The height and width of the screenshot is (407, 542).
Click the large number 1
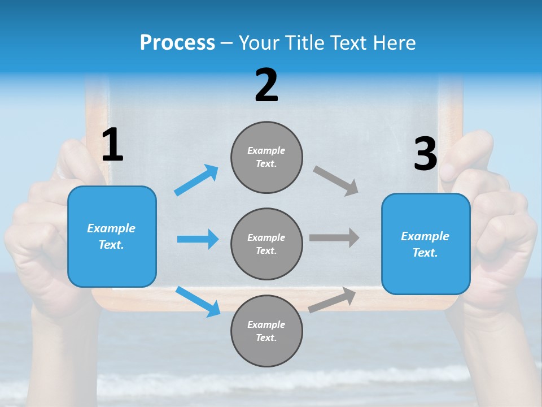(112, 145)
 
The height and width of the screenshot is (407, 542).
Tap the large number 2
(266, 85)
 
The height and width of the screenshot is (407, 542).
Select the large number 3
(425, 154)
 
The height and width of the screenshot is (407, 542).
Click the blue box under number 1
(112, 236)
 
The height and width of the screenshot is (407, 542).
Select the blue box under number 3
(426, 244)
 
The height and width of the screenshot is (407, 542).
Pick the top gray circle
(266, 157)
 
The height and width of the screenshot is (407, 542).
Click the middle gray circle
(266, 244)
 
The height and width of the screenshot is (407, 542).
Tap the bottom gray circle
(266, 331)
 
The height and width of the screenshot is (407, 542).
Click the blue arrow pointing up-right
(196, 180)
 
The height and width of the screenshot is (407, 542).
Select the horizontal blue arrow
(198, 239)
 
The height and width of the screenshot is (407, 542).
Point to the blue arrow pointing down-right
(198, 301)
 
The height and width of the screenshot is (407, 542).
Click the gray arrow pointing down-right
(336, 181)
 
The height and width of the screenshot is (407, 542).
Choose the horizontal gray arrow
(334, 237)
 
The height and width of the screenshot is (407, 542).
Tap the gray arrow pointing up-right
(333, 300)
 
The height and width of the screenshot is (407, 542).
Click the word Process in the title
(177, 42)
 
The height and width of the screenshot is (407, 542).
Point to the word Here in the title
(395, 42)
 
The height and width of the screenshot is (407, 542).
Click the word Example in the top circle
(266, 150)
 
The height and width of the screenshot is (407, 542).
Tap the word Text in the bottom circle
(266, 337)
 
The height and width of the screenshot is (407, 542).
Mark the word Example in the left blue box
(111, 228)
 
